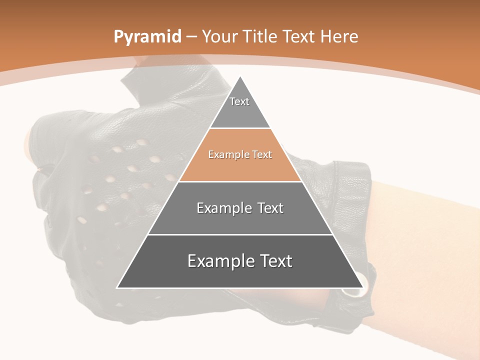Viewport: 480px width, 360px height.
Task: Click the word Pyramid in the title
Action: pyautogui.click(x=147, y=37)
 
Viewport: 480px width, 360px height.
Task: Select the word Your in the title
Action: pyautogui.click(x=220, y=36)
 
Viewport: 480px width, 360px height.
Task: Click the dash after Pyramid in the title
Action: pyautogui.click(x=191, y=37)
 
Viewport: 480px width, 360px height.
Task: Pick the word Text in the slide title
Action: pyautogui.click(x=300, y=36)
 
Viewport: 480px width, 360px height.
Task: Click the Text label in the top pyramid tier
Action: pyautogui.click(x=239, y=101)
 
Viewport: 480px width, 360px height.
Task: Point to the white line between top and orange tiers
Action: pyautogui.click(x=240, y=128)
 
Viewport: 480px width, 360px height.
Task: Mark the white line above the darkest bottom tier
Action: pyautogui.click(x=240, y=234)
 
